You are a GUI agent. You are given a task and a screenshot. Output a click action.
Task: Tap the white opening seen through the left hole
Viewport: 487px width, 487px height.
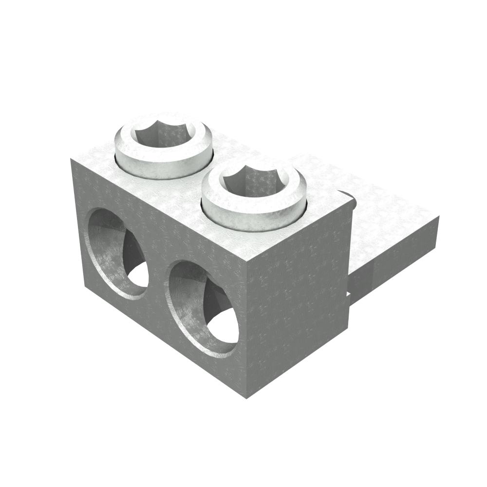click(x=138, y=275)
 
